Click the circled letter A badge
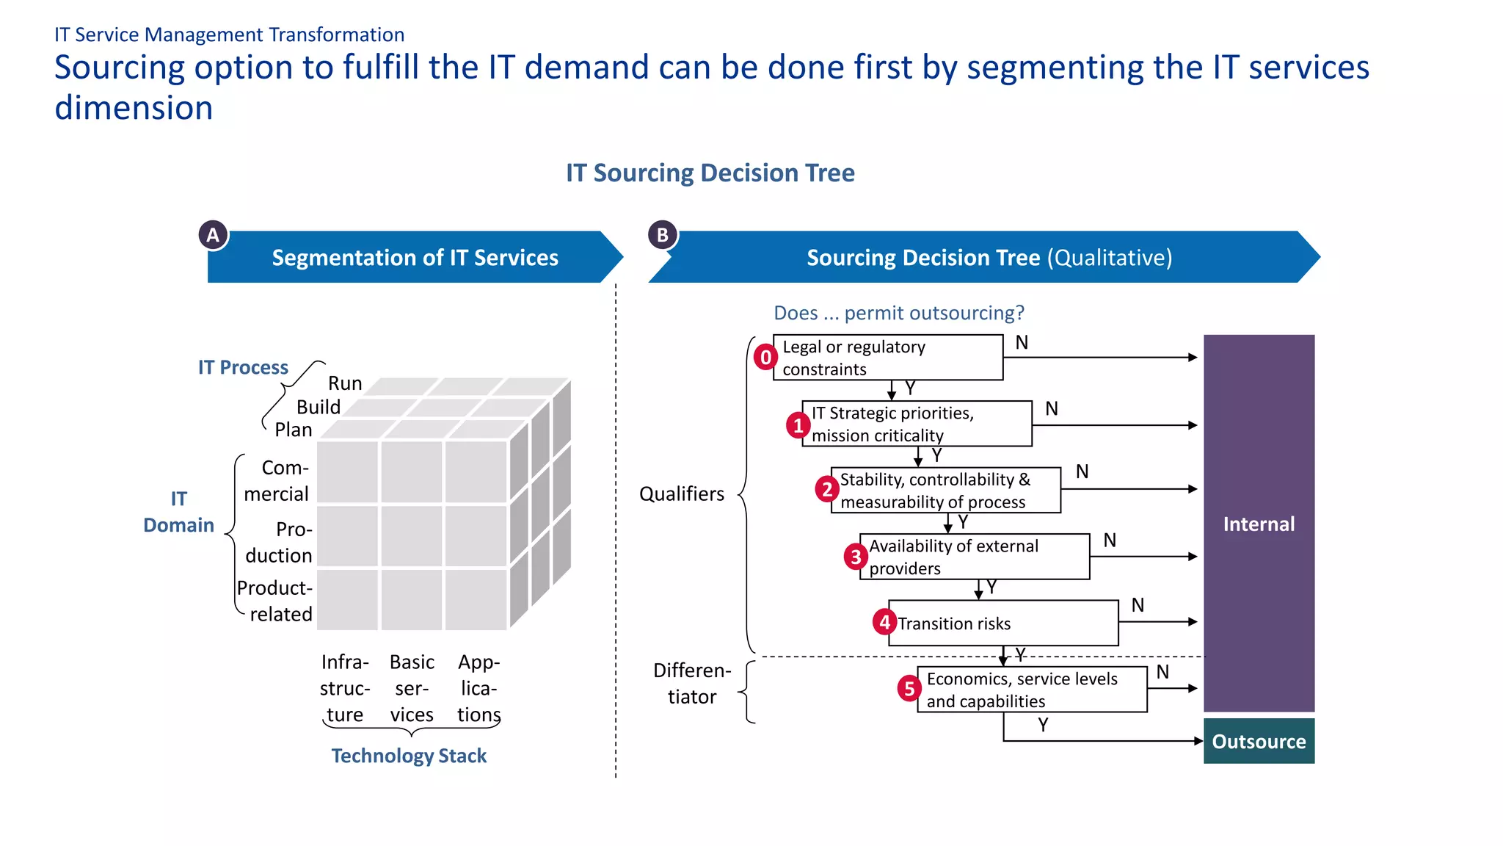[x=213, y=235]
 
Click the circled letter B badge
[x=663, y=235]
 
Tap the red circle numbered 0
[x=765, y=358]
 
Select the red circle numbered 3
[x=856, y=557]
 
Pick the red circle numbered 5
[x=909, y=689]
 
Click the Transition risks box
[x=1003, y=623]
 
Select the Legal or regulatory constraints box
[x=888, y=358]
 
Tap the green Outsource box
[x=1259, y=742]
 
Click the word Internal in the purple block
[x=1259, y=524]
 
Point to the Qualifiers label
[x=682, y=494]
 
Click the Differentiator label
[x=692, y=684]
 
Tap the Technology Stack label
[x=409, y=756]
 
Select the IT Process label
[x=243, y=367]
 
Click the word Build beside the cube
[x=319, y=407]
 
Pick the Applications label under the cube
[x=478, y=688]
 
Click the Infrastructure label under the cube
[x=345, y=688]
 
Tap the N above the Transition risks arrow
[x=1138, y=605]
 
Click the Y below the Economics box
[x=1043, y=725]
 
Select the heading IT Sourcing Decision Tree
[x=710, y=173]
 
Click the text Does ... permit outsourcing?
[x=898, y=313]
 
